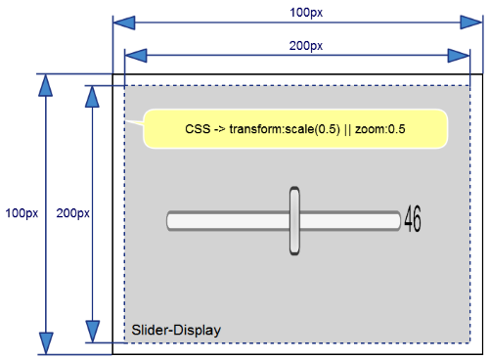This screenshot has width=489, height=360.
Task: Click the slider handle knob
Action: point(294,221)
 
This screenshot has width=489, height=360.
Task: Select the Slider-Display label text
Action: point(176,331)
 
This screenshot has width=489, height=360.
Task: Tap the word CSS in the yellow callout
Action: point(198,129)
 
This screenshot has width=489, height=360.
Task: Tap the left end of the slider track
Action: point(172,221)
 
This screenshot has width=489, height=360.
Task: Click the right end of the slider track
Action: point(396,221)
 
